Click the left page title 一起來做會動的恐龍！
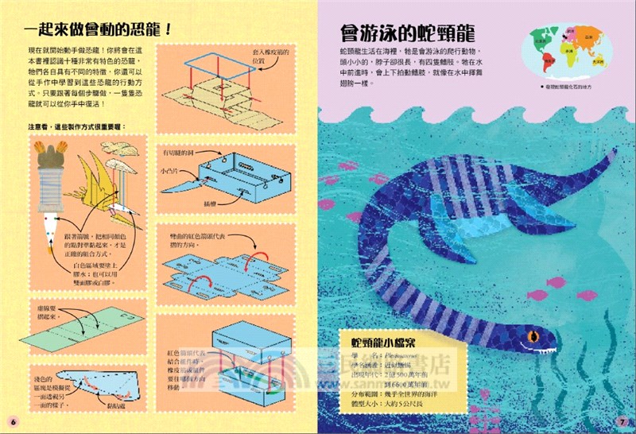coord(99,31)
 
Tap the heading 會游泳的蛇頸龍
coord(406,33)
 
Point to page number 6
coord(13,420)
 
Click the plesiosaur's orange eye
coord(531,344)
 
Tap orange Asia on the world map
coord(588,36)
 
